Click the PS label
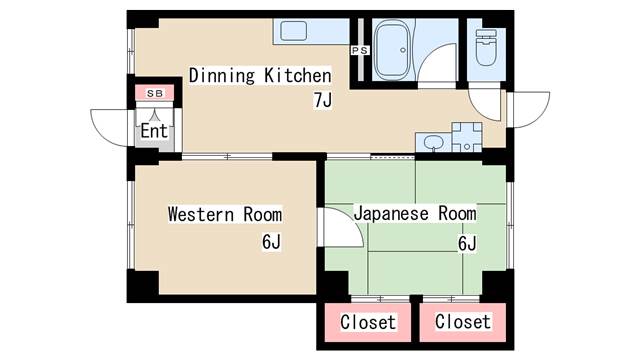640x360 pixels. [360, 50]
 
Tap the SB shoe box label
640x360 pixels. [155, 93]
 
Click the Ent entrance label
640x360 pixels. [154, 131]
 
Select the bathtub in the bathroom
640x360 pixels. [392, 50]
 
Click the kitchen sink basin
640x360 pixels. [293, 31]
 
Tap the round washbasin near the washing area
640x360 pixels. [433, 143]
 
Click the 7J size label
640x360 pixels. [322, 100]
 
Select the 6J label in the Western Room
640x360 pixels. [271, 241]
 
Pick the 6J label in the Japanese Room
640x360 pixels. [467, 243]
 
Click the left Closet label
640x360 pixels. [368, 322]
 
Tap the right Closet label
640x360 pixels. [463, 321]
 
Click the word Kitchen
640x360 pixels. [298, 76]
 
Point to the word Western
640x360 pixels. [201, 214]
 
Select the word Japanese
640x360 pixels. [391, 214]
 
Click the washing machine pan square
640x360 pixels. [467, 137]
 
